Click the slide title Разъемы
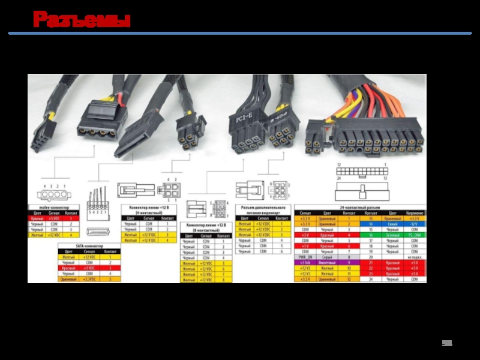pyautogui.click(x=82, y=20)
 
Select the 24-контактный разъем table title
pyautogui.click(x=359, y=207)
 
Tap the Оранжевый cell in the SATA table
pyautogui.click(x=69, y=279)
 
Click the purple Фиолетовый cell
pyautogui.click(x=327, y=263)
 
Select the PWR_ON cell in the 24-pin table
pyautogui.click(x=305, y=257)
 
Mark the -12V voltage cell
pyautogui.click(x=414, y=224)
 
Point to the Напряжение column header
pyautogui.click(x=414, y=213)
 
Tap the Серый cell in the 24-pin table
pyautogui.click(x=327, y=257)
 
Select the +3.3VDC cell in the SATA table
pyautogui.click(x=89, y=279)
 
